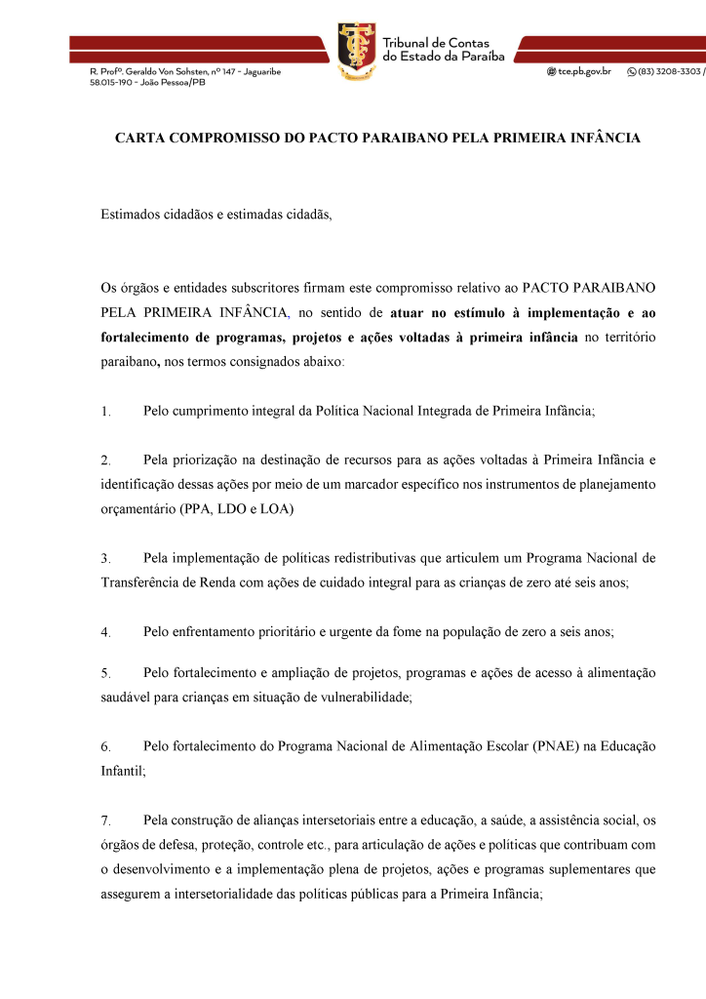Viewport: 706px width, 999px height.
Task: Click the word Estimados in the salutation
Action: (x=132, y=215)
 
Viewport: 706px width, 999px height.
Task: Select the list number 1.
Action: (x=104, y=412)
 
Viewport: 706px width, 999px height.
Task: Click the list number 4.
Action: (x=104, y=632)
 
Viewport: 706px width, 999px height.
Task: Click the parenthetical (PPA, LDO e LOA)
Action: (x=237, y=508)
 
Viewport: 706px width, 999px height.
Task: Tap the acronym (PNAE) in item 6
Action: (x=560, y=746)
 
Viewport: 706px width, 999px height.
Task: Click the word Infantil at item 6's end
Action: (x=123, y=771)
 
